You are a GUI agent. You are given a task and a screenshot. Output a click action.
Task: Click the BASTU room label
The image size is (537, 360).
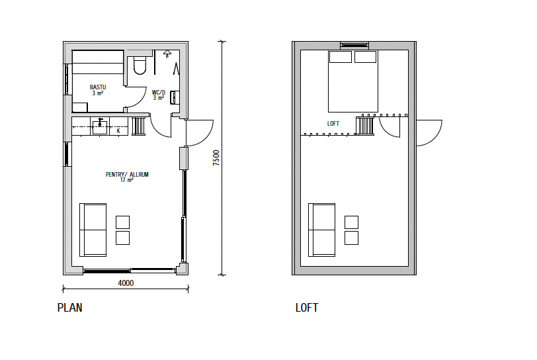click(98, 87)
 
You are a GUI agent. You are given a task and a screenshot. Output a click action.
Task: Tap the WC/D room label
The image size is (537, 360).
click(159, 92)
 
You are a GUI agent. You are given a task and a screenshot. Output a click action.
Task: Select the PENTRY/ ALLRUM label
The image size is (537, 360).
click(127, 175)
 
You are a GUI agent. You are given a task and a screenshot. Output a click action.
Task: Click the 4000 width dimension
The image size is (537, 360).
click(126, 283)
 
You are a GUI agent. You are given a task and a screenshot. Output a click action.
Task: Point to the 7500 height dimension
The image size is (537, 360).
click(216, 157)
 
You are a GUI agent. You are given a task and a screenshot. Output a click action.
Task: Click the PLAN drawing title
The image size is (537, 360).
click(70, 308)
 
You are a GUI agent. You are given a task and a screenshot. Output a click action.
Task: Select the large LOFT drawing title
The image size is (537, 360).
click(307, 308)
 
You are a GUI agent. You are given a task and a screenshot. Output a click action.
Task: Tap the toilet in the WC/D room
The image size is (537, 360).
click(140, 66)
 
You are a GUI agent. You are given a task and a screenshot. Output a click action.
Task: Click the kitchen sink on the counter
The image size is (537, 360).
click(100, 127)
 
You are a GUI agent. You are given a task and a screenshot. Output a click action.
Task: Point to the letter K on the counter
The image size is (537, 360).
click(118, 130)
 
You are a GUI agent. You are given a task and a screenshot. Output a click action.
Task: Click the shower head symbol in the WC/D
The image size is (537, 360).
click(167, 53)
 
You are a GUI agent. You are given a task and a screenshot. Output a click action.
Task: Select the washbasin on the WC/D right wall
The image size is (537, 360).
click(175, 97)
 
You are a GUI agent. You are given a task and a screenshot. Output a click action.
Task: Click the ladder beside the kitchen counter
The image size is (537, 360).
click(139, 126)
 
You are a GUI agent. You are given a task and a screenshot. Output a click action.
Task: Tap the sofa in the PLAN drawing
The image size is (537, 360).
click(93, 230)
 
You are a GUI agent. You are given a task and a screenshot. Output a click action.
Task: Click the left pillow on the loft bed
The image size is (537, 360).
click(341, 57)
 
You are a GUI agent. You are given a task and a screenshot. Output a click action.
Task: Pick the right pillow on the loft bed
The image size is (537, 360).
click(366, 57)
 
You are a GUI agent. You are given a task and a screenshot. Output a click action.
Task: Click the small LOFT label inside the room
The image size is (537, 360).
click(333, 124)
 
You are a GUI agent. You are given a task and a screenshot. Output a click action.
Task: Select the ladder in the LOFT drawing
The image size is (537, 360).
click(365, 126)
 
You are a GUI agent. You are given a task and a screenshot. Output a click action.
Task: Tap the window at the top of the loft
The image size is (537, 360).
click(354, 45)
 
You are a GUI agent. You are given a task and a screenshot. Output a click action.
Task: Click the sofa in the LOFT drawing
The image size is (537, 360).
click(321, 230)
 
